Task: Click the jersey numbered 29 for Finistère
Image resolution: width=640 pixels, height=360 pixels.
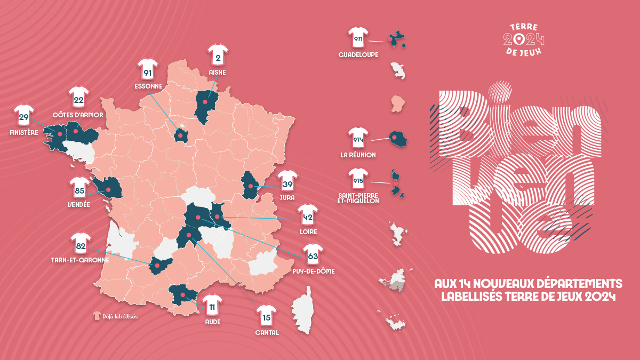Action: click(x=23, y=116)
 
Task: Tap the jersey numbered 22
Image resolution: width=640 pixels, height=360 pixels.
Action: click(x=78, y=98)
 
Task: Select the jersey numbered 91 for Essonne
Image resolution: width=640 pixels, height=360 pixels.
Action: click(x=148, y=71)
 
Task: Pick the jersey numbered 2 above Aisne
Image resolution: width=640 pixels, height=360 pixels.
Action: click(x=218, y=57)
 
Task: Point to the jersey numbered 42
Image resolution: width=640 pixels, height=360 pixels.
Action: click(x=308, y=217)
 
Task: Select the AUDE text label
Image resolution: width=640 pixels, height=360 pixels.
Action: click(x=212, y=322)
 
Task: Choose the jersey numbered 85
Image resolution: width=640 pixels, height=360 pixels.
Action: click(x=79, y=188)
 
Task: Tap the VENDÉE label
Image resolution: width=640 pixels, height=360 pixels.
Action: click(x=79, y=204)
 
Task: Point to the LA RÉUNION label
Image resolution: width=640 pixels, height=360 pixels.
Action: click(x=358, y=155)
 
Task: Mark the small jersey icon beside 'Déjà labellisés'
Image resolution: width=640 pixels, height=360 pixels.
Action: click(x=97, y=316)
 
